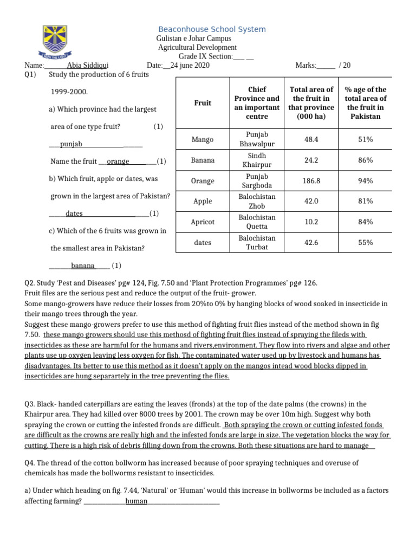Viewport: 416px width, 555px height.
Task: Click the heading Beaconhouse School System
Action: click(x=212, y=29)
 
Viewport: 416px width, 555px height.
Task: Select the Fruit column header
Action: click(x=203, y=102)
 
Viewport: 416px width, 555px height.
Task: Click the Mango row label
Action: click(x=203, y=140)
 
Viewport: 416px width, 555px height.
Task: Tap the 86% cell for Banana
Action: click(x=365, y=160)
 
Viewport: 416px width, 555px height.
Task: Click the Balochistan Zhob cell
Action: click(x=257, y=202)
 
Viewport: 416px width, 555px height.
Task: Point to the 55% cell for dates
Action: click(x=365, y=243)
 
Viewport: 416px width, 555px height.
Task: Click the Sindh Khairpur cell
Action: click(x=257, y=160)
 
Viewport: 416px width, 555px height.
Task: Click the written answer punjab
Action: click(x=71, y=144)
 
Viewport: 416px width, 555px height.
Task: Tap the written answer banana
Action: click(x=82, y=266)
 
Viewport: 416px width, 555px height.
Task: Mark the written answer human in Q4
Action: click(x=136, y=501)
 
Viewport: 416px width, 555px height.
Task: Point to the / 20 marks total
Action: click(x=344, y=66)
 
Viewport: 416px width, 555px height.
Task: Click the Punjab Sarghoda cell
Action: click(x=257, y=181)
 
